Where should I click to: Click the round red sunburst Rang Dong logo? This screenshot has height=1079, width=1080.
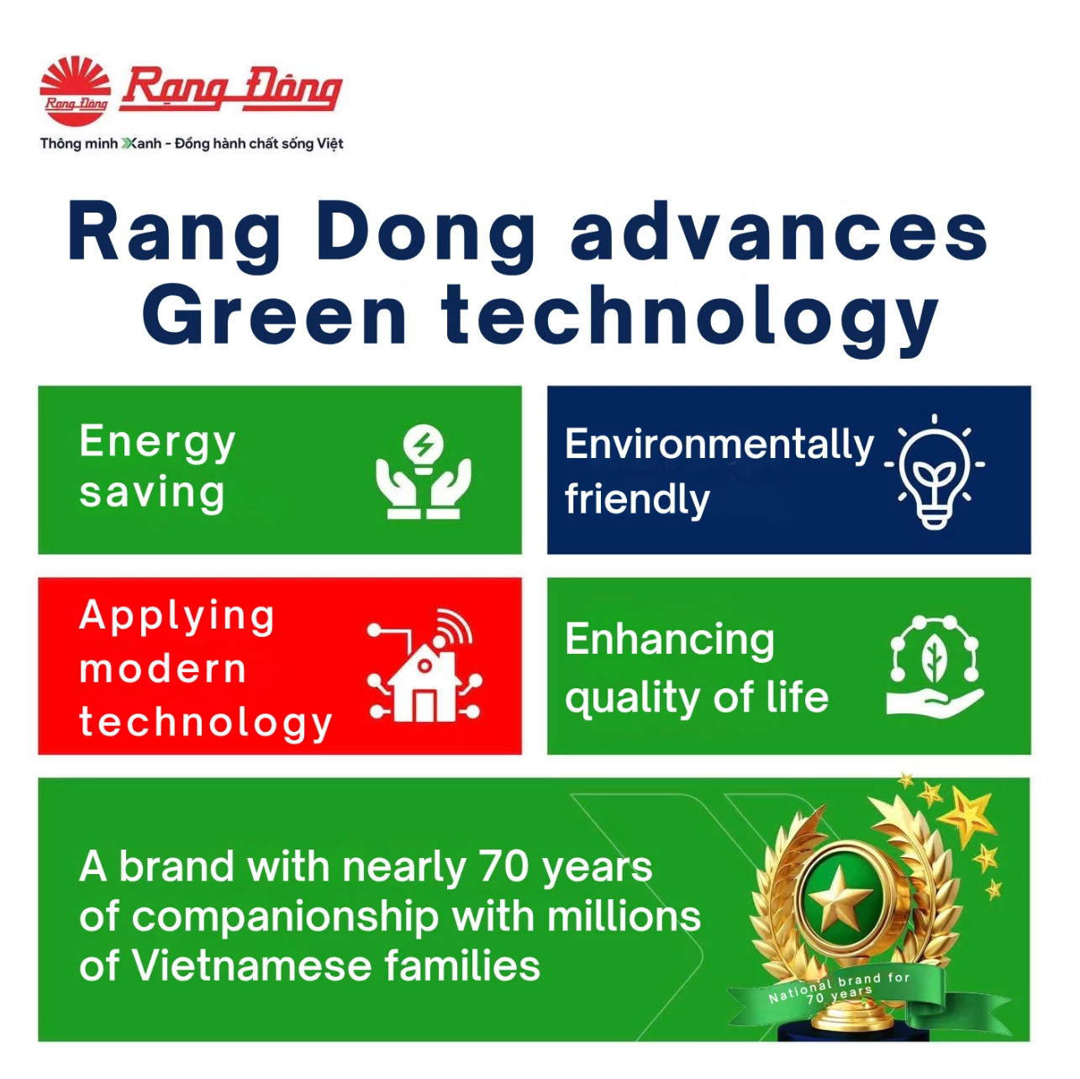point(75,90)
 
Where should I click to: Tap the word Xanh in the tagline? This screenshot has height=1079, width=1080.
point(142,144)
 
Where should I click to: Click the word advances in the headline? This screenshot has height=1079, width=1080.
point(778,233)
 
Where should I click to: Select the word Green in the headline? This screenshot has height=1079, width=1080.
point(274,315)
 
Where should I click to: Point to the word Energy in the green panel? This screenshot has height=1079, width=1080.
point(157,444)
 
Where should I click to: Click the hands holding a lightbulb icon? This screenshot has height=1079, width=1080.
point(423,471)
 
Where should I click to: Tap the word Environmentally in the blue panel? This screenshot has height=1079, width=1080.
point(719,445)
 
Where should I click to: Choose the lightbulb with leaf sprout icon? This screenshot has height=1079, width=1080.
point(934,472)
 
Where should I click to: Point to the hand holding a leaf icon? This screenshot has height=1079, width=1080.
point(934,666)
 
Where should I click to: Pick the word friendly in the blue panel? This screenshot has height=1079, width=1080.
point(637,501)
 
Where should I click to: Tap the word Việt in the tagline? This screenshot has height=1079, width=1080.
point(329,144)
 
